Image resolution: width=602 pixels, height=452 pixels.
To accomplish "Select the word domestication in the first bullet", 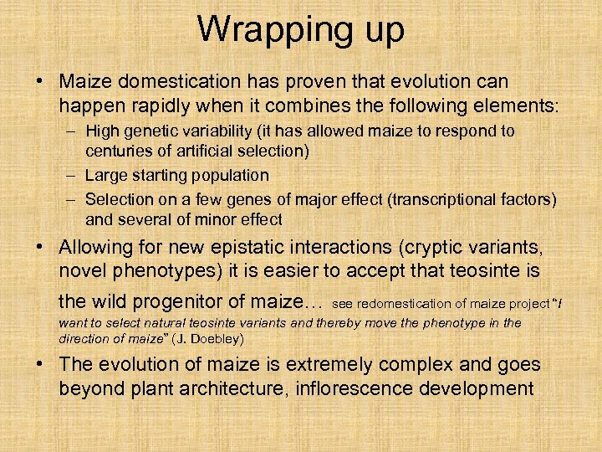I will [x=168, y=82].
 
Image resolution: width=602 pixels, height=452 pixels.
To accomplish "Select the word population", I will [x=231, y=176].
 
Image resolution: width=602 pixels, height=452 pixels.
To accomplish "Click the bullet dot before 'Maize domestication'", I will [x=41, y=83].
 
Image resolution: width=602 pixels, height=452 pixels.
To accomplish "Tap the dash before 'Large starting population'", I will [x=72, y=176].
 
